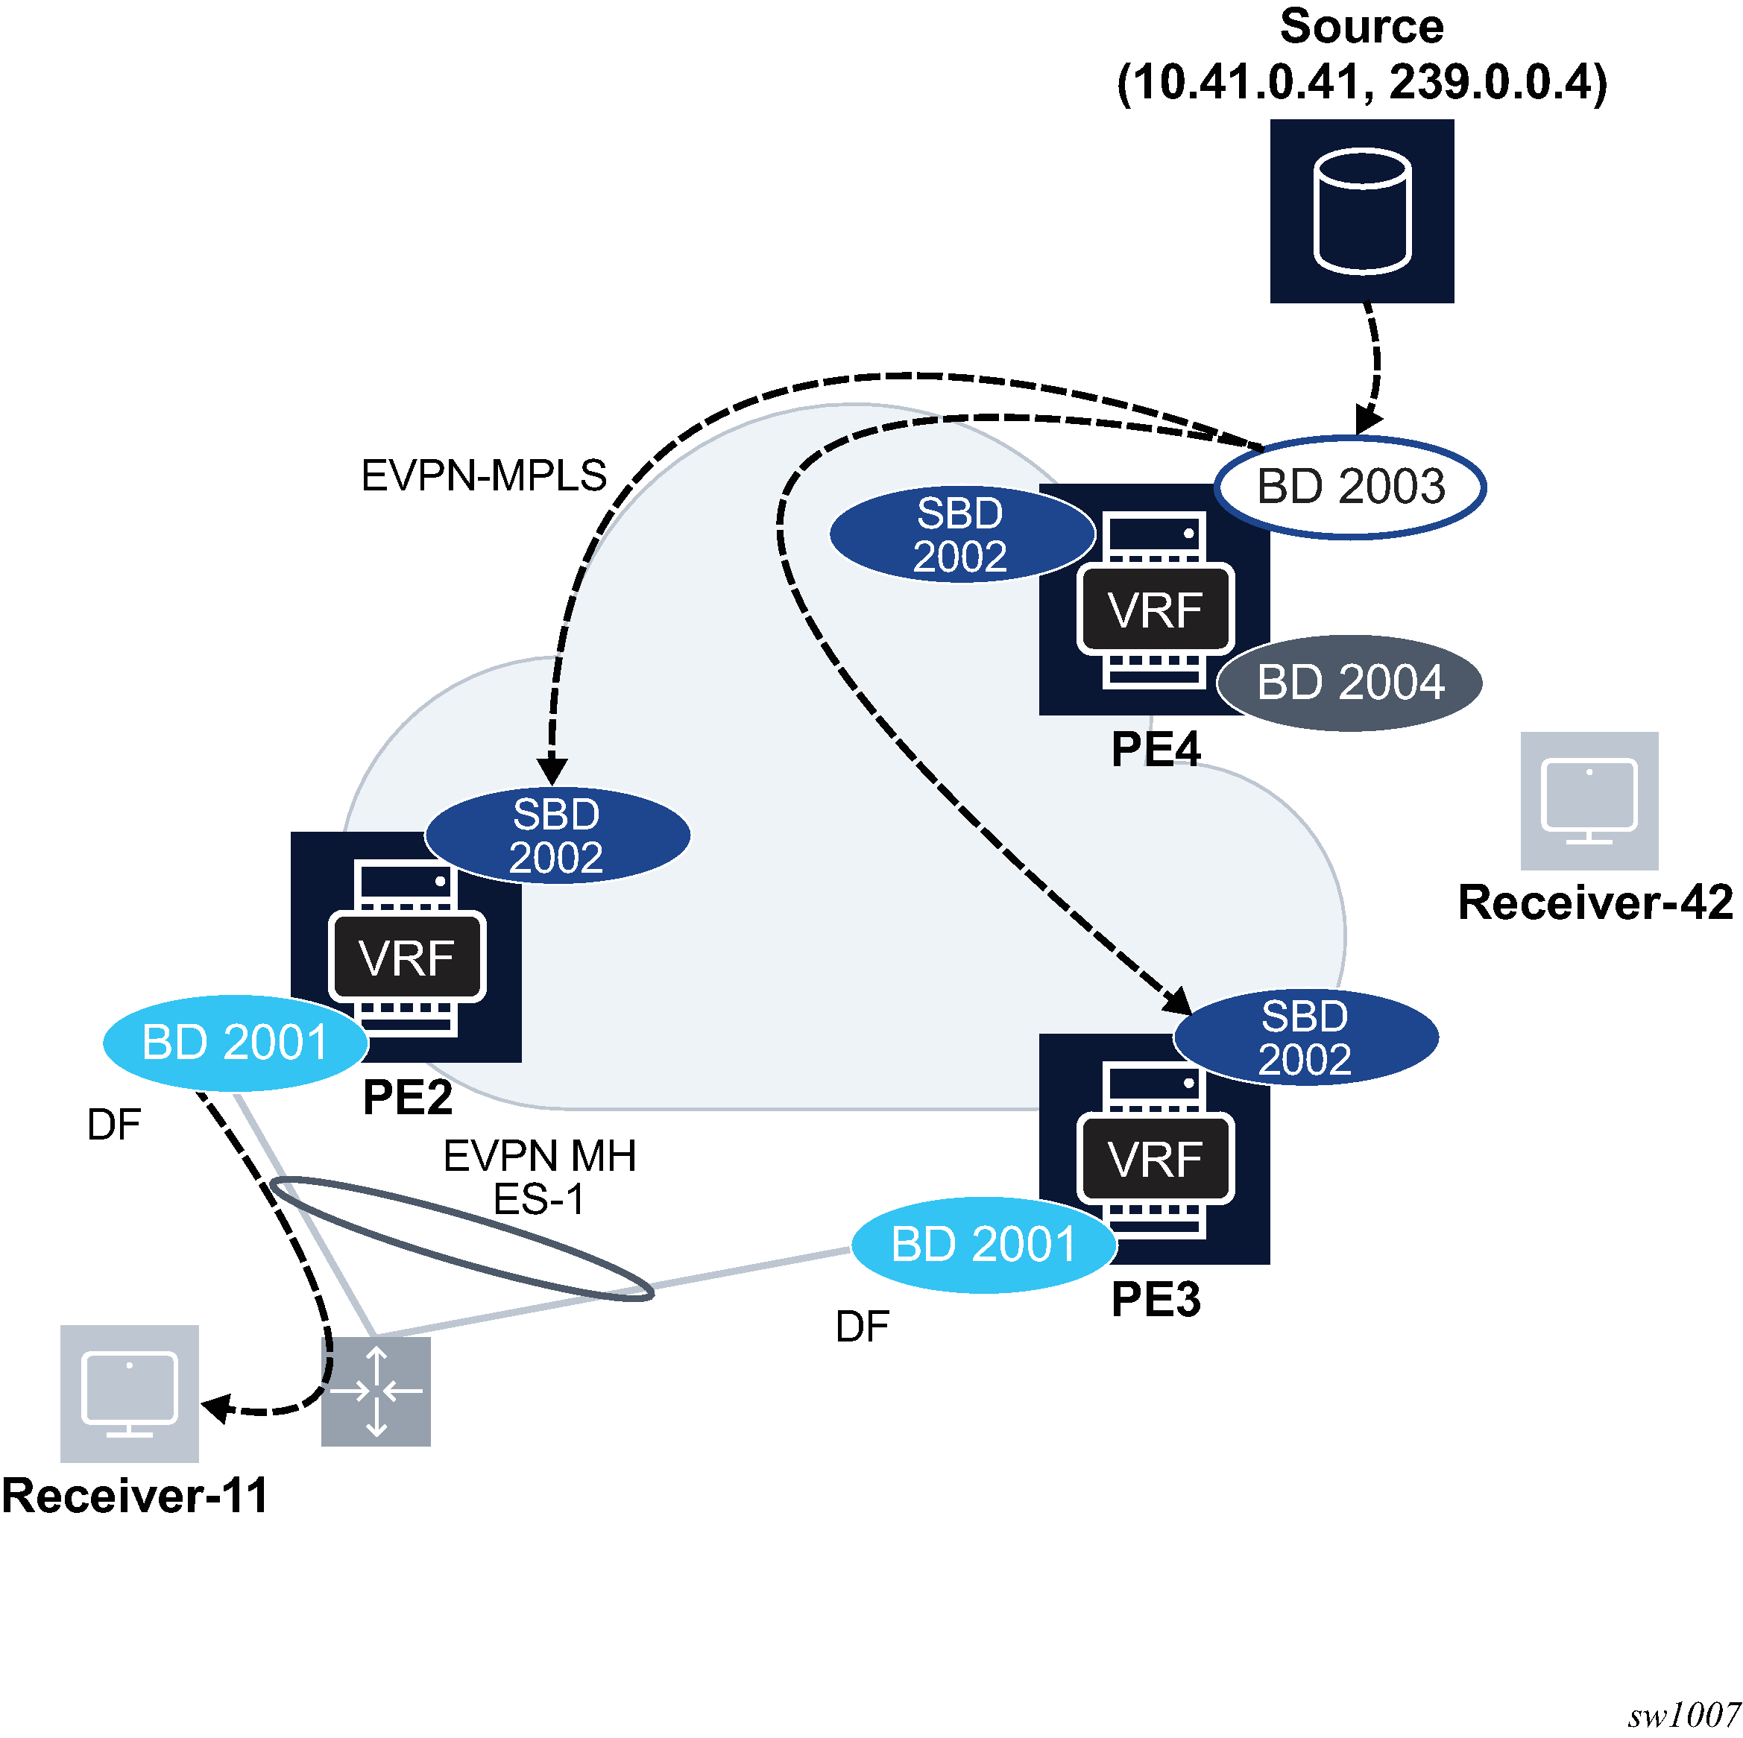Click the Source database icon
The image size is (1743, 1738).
point(1361,211)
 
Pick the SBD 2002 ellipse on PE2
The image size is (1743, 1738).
point(557,836)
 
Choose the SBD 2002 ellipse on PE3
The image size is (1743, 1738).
point(1305,1037)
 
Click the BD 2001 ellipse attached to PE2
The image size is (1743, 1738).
point(236,1043)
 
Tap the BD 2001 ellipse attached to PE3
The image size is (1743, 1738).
point(983,1245)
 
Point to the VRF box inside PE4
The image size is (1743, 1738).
point(1155,610)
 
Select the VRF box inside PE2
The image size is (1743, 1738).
point(407,957)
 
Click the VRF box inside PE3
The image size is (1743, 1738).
point(1155,1159)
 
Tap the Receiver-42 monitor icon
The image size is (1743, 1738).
point(1589,801)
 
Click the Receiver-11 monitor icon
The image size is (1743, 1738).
point(129,1394)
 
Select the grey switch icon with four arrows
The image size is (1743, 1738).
point(376,1391)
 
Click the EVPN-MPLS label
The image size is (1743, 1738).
point(484,475)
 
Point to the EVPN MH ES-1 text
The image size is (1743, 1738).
point(540,1177)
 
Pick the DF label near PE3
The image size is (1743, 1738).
point(862,1327)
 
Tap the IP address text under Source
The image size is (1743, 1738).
point(1361,83)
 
